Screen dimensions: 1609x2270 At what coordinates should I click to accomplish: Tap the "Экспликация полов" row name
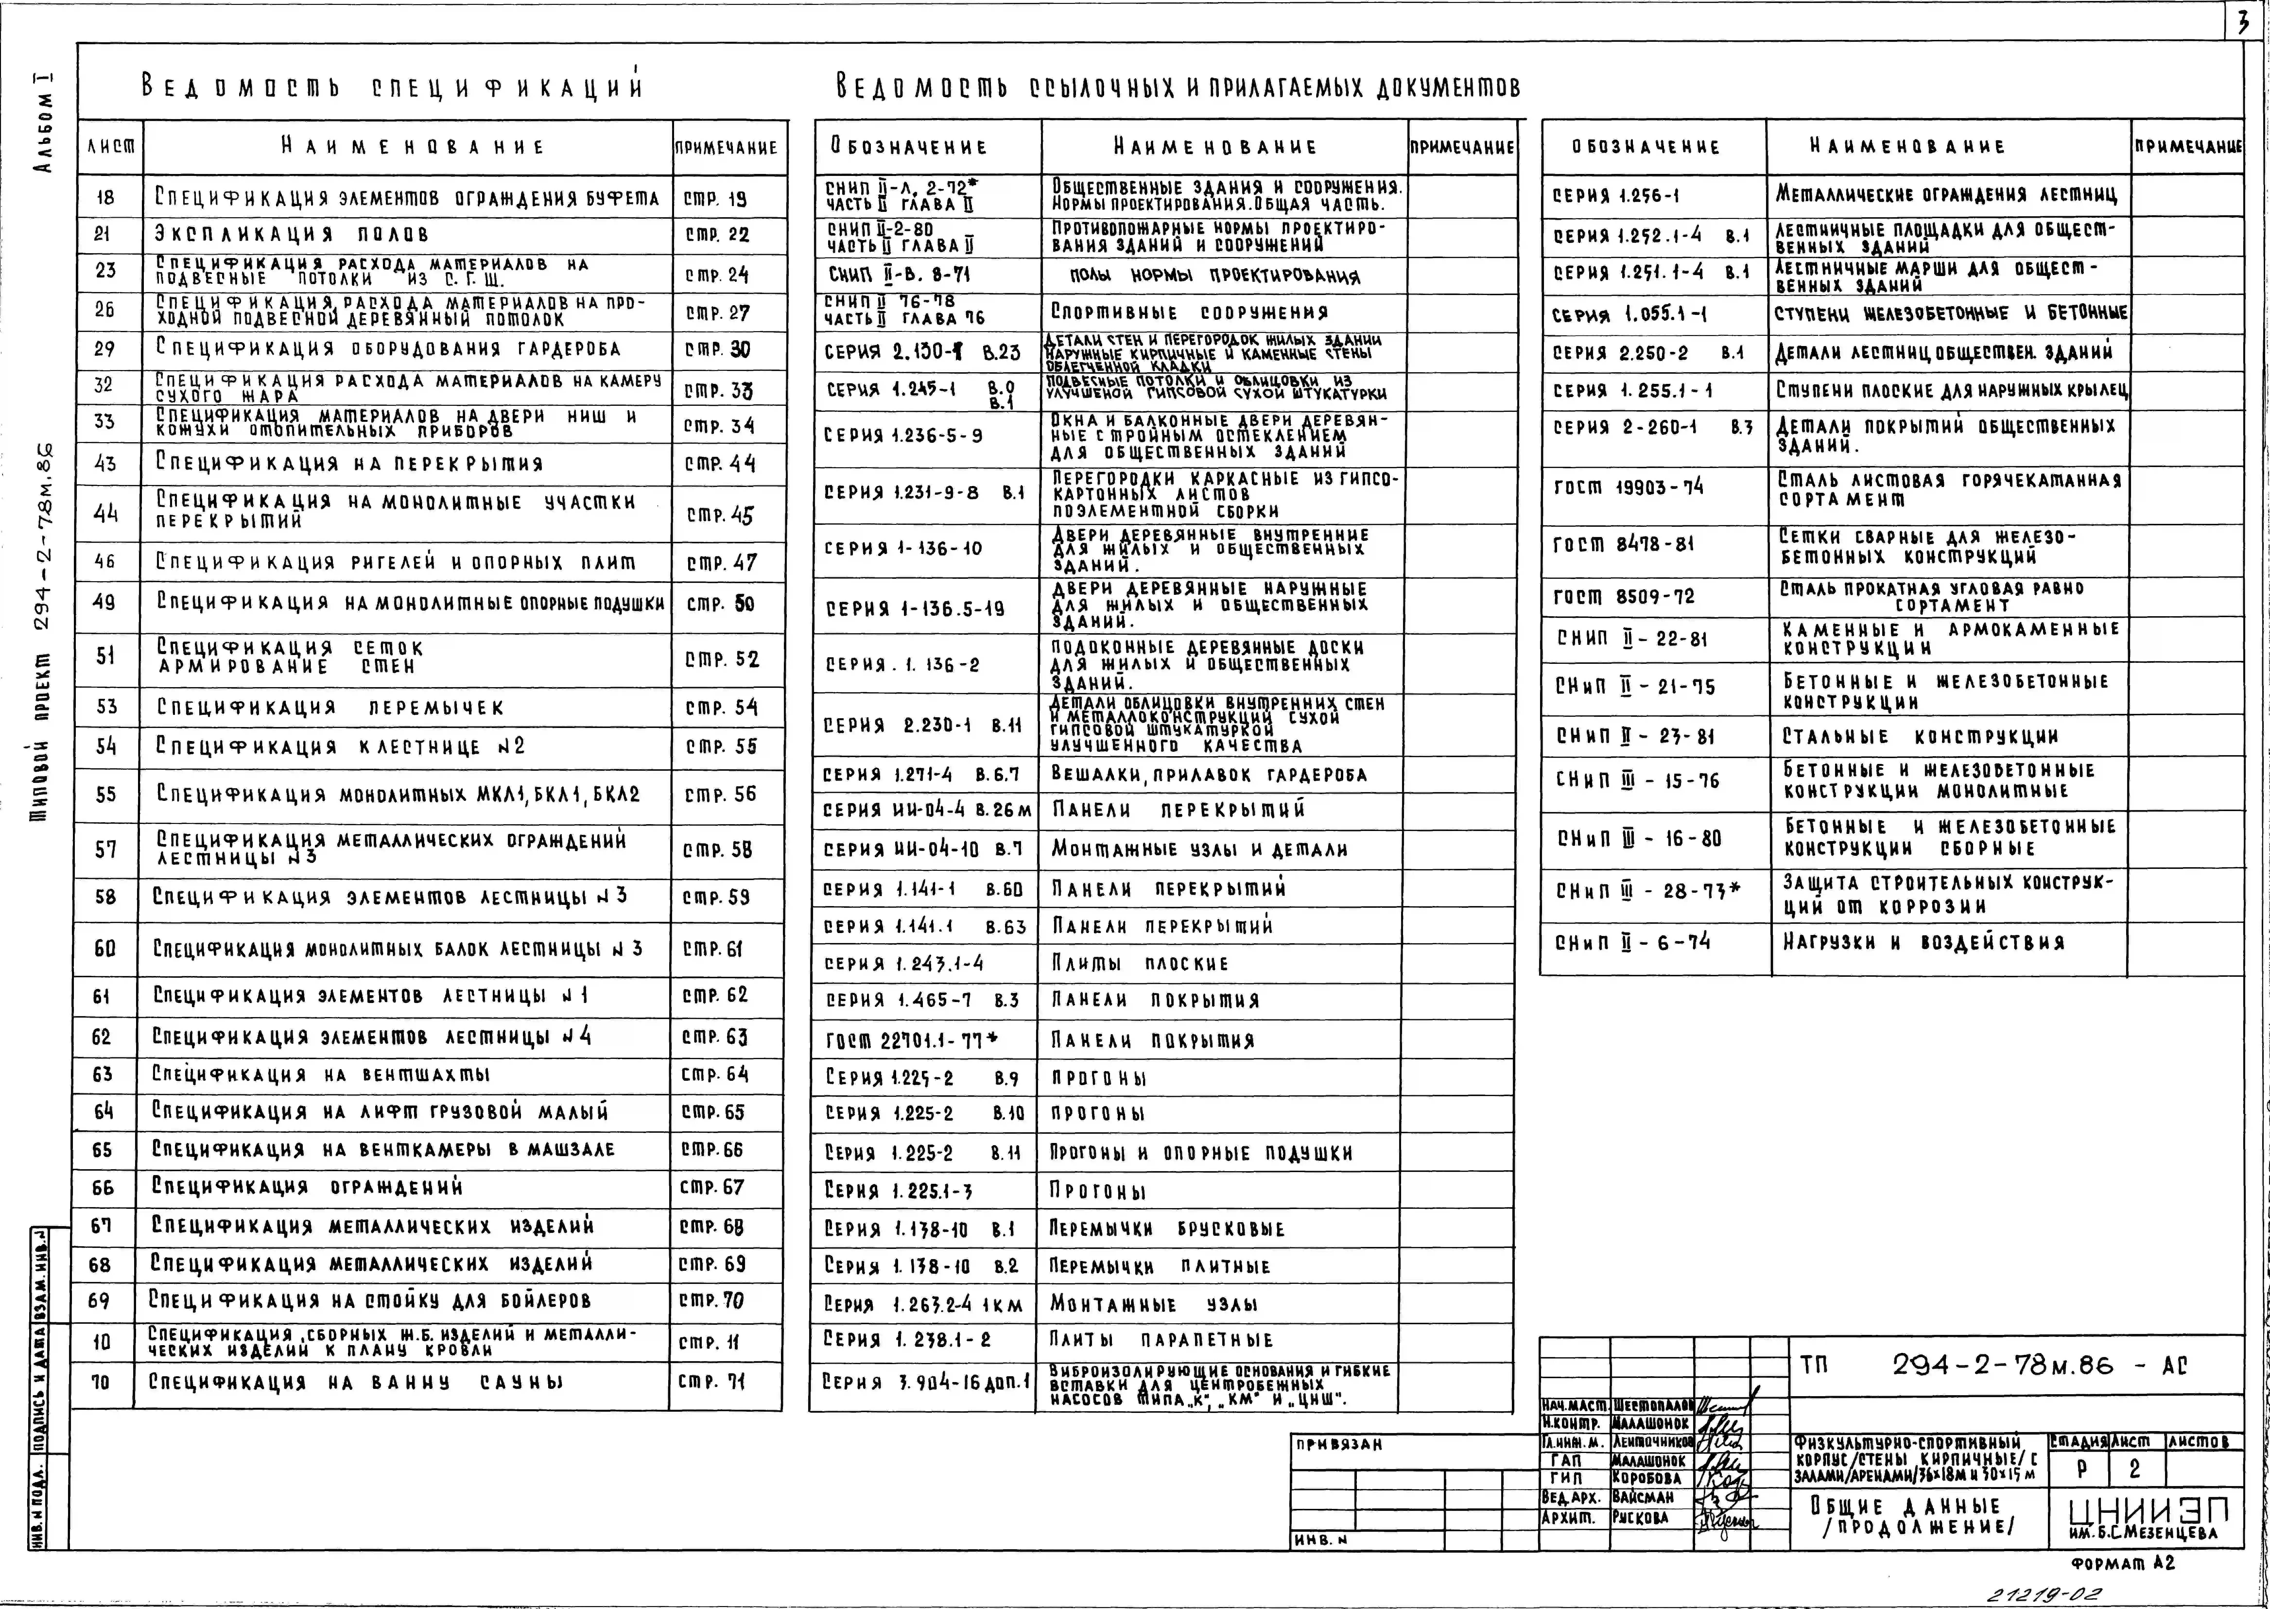pyautogui.click(x=292, y=235)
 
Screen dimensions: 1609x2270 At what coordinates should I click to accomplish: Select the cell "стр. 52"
pyautogui.click(x=721, y=659)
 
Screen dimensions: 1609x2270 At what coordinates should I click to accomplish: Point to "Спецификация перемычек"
pyautogui.click(x=331, y=707)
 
